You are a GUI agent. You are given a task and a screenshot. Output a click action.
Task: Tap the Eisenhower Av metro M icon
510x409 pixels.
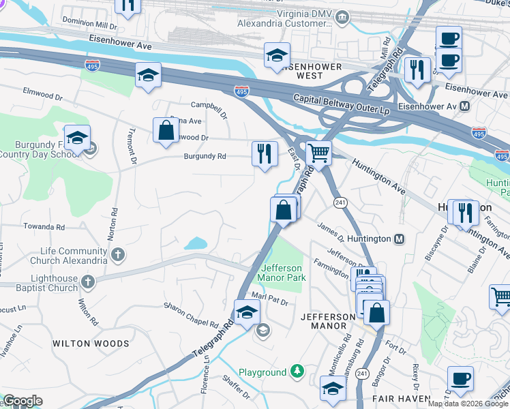point(464,106)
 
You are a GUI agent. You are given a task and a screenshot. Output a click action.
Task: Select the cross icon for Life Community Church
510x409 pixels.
point(118,256)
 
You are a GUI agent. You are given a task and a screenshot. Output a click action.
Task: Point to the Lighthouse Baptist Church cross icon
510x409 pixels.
point(88,282)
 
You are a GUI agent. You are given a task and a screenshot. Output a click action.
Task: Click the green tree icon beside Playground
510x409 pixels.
point(297,372)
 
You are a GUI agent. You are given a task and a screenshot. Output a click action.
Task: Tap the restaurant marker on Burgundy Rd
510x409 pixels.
point(265,154)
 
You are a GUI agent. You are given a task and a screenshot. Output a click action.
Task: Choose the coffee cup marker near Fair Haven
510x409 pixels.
point(460,379)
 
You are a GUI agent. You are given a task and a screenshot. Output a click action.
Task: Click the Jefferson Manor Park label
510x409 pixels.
point(281,273)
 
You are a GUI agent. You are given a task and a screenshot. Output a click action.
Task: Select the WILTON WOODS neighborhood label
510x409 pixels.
point(91,344)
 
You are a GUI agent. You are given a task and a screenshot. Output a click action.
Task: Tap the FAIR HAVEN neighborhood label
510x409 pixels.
point(402,398)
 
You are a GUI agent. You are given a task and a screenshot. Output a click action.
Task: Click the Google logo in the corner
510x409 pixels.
point(22,401)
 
